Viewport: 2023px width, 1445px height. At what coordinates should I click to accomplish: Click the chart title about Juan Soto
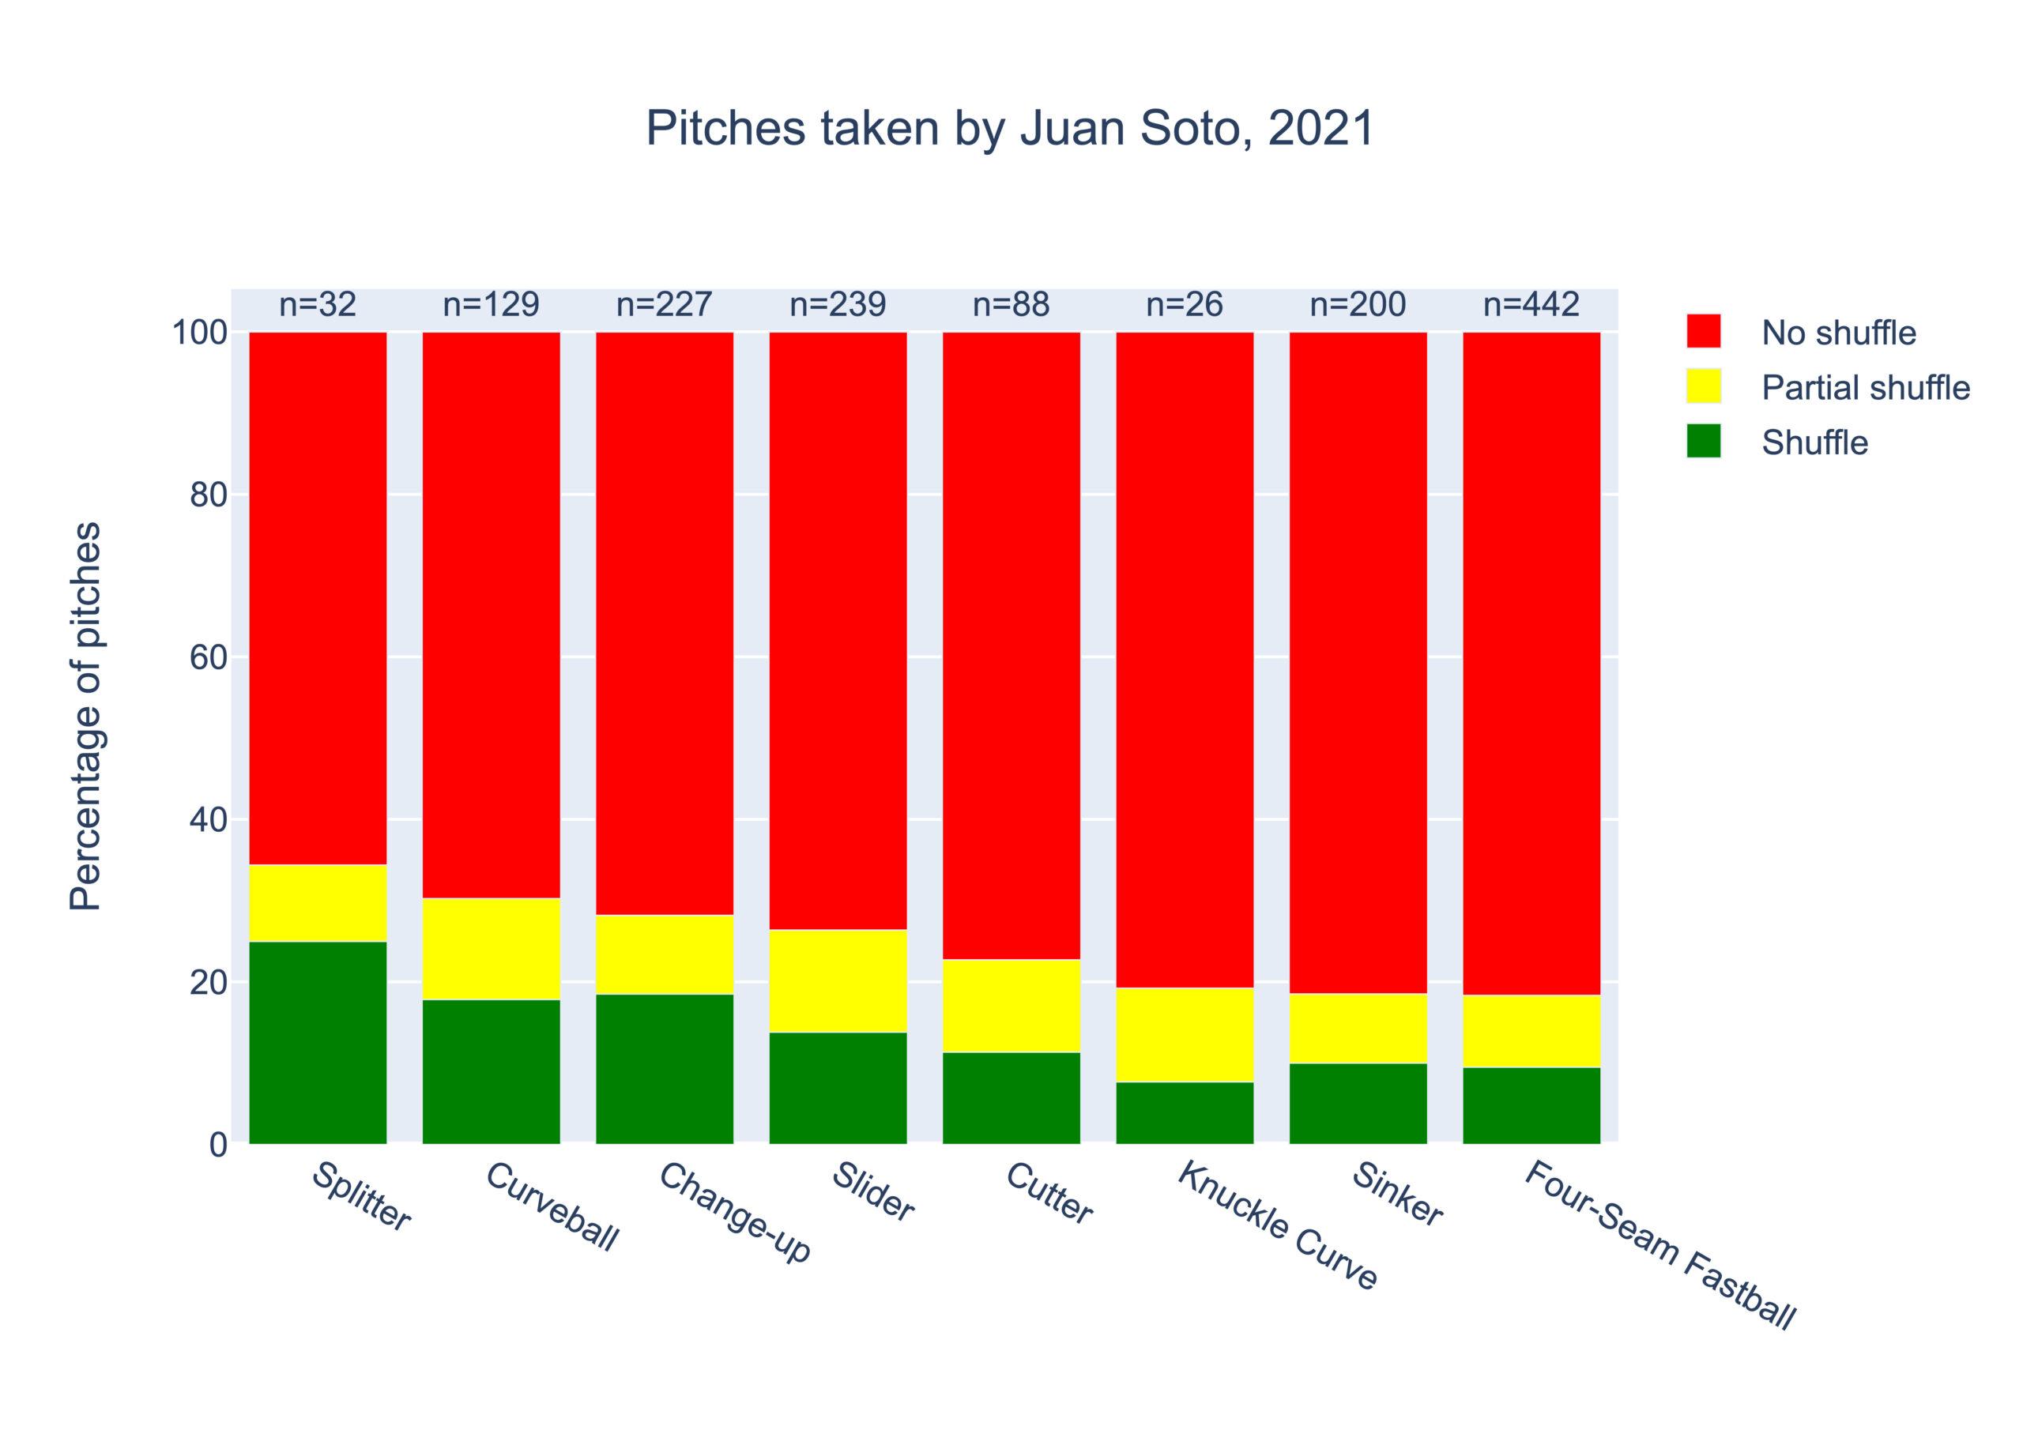click(x=1010, y=129)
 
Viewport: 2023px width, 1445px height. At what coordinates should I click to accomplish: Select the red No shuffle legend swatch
click(x=1703, y=331)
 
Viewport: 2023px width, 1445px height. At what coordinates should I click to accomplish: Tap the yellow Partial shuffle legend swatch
click(x=1703, y=386)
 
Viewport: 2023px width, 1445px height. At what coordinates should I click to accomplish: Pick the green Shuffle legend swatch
click(x=1703, y=442)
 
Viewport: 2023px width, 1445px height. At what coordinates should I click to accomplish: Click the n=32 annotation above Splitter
click(x=318, y=305)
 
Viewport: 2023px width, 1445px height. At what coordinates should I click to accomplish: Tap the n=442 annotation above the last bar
click(x=1531, y=305)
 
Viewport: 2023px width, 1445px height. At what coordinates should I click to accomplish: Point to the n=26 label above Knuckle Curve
click(x=1184, y=305)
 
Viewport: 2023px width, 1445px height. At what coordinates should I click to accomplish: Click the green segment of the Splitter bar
click(x=318, y=1042)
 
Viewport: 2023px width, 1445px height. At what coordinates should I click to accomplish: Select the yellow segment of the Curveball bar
click(x=492, y=949)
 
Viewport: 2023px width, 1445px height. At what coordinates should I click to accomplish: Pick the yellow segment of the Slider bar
click(x=838, y=980)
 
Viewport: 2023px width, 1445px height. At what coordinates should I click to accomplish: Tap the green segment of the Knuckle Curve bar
click(x=1184, y=1112)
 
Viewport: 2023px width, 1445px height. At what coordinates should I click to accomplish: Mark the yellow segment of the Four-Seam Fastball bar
click(x=1531, y=1030)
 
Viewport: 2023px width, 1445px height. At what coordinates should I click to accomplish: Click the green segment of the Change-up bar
click(x=664, y=1069)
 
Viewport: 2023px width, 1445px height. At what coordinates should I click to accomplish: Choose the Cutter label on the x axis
click(x=1049, y=1206)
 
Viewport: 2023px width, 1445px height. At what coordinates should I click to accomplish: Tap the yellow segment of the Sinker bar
click(x=1358, y=1028)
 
